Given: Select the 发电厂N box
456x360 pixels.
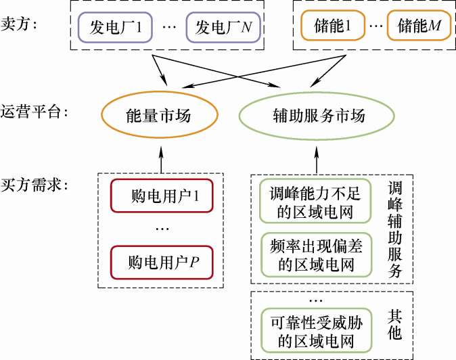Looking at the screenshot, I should point(223,28).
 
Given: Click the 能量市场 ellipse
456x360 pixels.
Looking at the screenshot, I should point(159,115).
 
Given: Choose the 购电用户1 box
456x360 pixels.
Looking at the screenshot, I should point(162,197).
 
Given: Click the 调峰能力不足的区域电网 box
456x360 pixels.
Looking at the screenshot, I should point(316,201).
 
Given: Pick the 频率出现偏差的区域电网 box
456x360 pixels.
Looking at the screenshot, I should point(316,254).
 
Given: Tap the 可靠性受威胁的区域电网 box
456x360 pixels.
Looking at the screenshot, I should point(316,330).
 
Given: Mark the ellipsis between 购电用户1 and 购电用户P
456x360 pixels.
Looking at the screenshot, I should point(162,229).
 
